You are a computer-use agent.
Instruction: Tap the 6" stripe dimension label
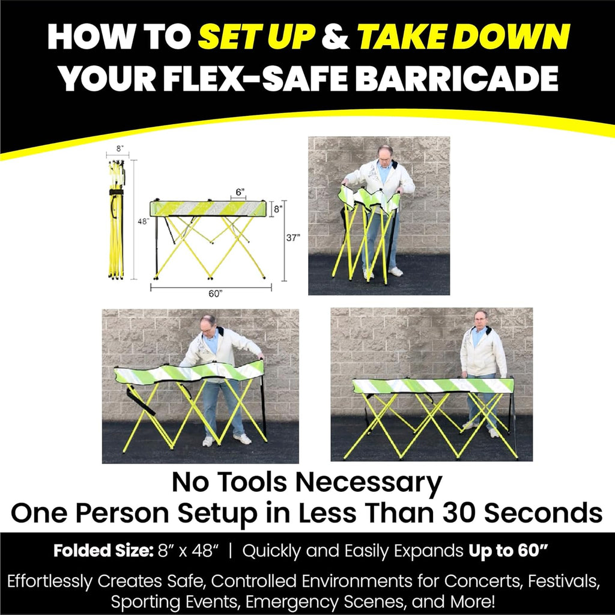click(240, 192)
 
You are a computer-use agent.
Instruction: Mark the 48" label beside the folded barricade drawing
click(143, 221)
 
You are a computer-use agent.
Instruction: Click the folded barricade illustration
click(116, 219)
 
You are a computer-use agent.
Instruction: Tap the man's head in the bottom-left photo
click(208, 324)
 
